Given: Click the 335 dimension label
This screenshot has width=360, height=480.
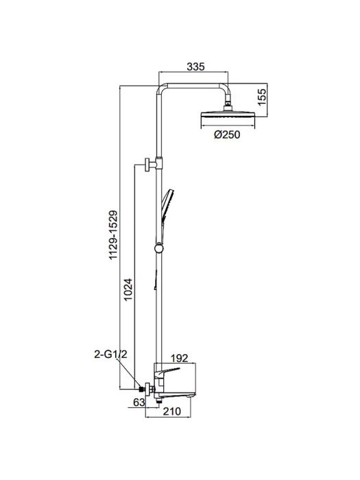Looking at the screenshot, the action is point(195,67).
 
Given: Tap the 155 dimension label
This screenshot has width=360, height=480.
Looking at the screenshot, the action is point(263,97).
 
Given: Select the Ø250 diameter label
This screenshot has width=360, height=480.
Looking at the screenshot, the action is point(227,134).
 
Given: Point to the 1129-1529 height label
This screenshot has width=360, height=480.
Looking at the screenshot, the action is point(114,235).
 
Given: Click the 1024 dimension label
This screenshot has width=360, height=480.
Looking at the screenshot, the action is point(128,289).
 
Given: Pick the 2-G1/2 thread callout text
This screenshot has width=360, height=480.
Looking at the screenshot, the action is point(110,355).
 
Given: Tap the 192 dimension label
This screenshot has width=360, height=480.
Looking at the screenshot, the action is point(179,358).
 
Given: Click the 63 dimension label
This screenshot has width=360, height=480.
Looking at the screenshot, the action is point(139,402).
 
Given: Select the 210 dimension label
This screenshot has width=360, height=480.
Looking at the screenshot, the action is point(171,411).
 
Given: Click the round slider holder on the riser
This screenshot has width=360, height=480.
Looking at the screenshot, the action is point(159,248).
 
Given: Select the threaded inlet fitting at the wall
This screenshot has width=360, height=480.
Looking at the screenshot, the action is point(141,389).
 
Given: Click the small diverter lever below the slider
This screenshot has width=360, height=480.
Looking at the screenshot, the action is point(156,280).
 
